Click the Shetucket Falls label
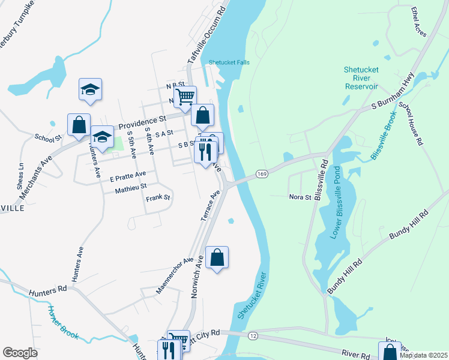[x=229, y=62]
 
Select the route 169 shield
[x=261, y=173]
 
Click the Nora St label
[x=300, y=196]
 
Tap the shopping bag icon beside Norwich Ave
[x=217, y=258]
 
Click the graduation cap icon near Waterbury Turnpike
[x=90, y=89]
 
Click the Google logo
[x=20, y=353]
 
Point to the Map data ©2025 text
[x=423, y=355]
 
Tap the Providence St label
[x=142, y=122]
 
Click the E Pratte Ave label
[x=128, y=176]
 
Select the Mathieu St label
[x=131, y=189]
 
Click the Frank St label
[x=158, y=197]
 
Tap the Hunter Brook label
[x=62, y=323]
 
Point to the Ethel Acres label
[x=418, y=22]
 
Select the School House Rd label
[x=412, y=125]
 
